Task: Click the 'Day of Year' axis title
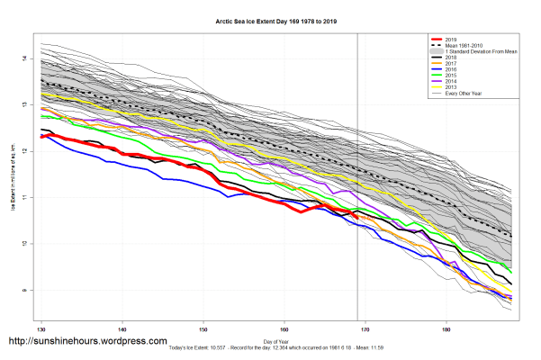point(277,341)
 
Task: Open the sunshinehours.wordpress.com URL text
point(87,342)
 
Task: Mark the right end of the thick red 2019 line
point(357,216)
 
